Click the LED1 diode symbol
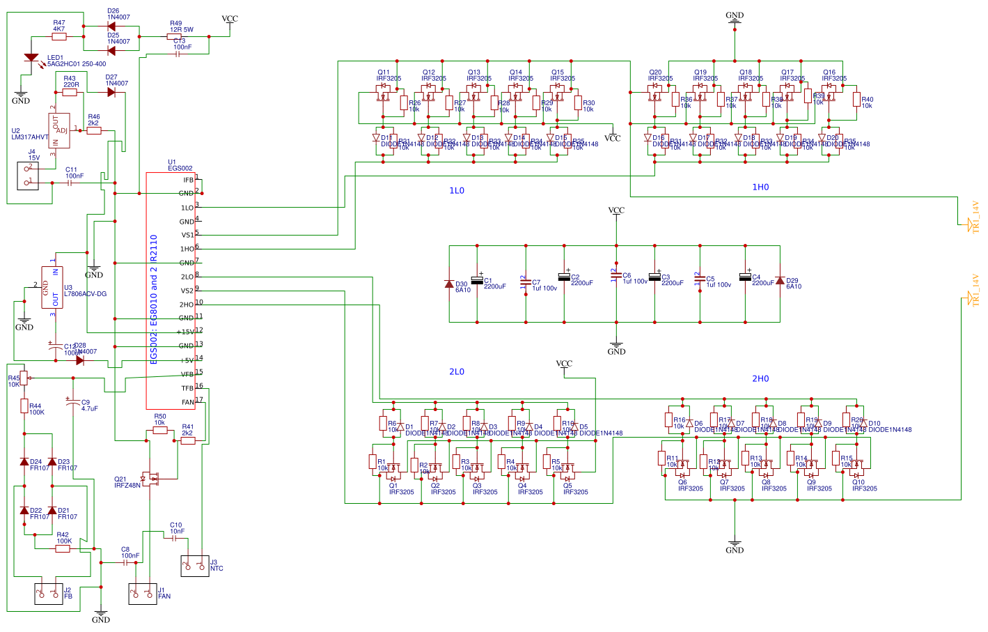point(31,57)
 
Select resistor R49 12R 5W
point(174,36)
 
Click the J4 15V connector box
point(28,176)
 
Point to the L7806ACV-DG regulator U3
point(52,287)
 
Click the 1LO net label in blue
point(456,190)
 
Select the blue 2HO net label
point(760,378)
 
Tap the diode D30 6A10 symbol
point(449,284)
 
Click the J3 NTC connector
point(195,566)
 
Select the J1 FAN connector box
point(143,594)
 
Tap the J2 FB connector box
point(49,594)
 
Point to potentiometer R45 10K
point(24,378)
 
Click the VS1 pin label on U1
point(187,235)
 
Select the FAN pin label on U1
point(188,402)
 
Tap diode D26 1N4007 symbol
point(111,26)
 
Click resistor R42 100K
point(63,548)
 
